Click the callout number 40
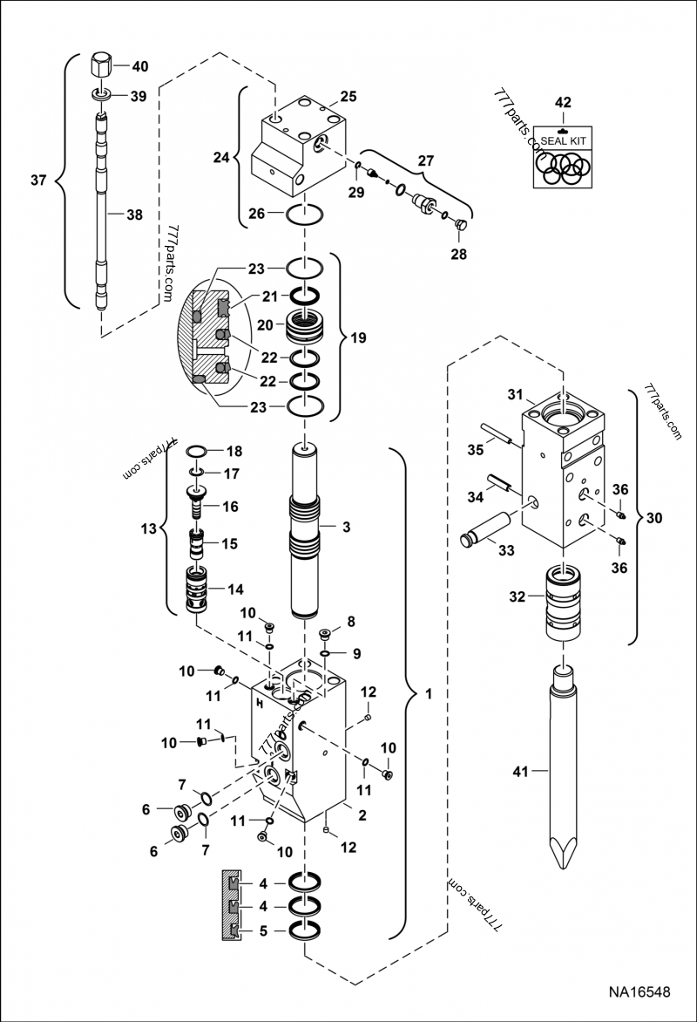coord(139,66)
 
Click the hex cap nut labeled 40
coord(100,66)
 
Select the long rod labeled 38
coord(102,214)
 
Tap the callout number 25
coord(348,95)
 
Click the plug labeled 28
coord(461,228)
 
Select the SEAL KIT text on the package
coord(563,140)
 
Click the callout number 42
coord(563,102)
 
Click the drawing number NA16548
coord(639,992)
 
